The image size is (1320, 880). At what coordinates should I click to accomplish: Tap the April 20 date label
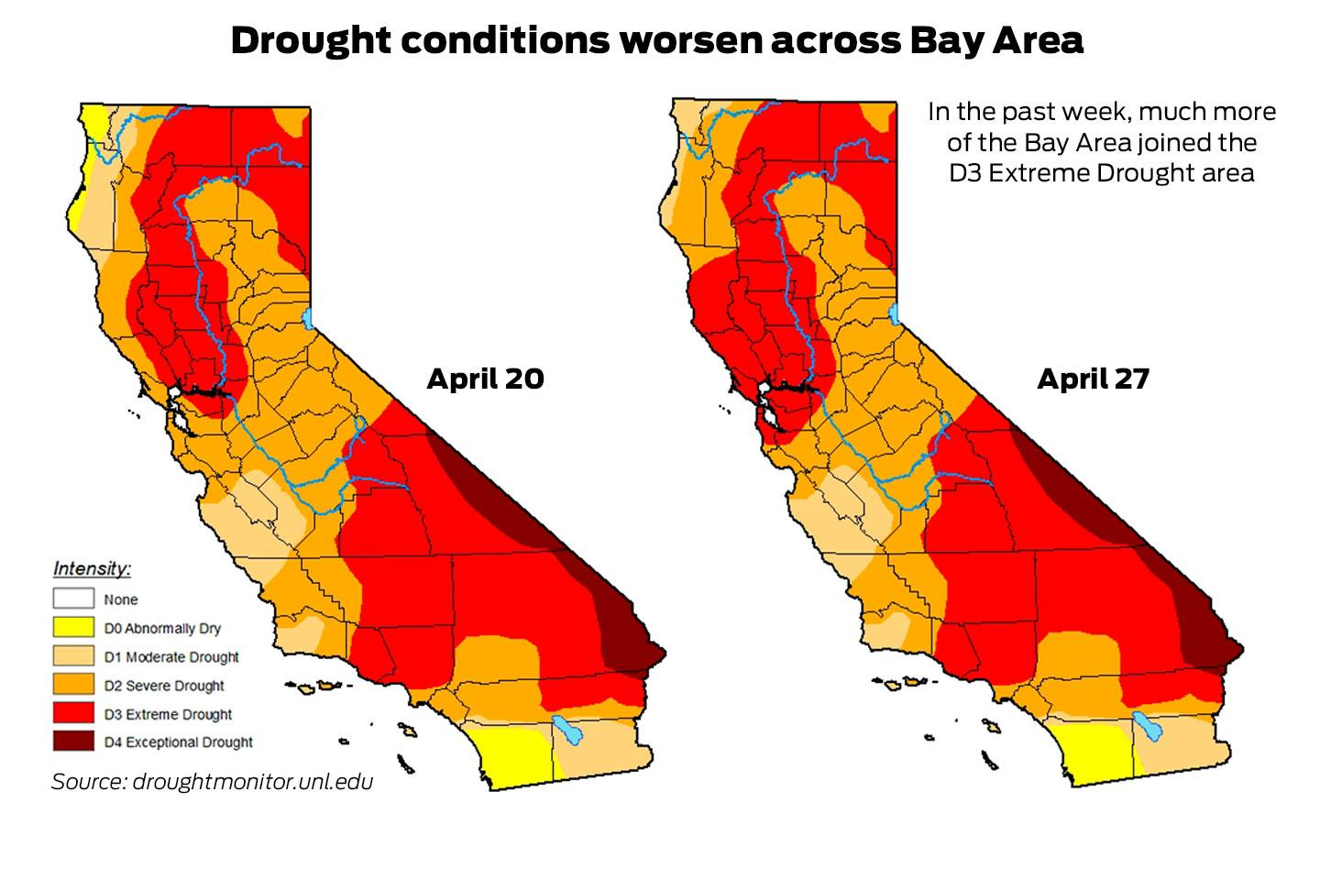[485, 379]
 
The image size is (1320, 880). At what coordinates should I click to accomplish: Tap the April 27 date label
[1093, 379]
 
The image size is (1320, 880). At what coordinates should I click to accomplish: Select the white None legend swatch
[73, 599]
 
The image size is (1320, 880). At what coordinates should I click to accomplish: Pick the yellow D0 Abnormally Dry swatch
[73, 628]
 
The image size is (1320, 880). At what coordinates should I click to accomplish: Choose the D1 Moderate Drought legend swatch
[73, 656]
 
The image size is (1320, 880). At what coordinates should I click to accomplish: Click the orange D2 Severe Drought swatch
[73, 685]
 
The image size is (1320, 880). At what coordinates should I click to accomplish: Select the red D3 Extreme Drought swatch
[73, 714]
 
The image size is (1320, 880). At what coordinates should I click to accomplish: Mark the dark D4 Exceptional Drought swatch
[73, 742]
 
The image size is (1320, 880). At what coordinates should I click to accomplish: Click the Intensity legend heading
[92, 568]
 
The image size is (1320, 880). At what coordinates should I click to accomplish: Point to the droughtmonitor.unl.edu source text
[252, 782]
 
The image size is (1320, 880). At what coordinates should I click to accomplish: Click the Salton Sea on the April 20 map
[568, 731]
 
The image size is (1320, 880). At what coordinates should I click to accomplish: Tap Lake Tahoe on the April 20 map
[307, 318]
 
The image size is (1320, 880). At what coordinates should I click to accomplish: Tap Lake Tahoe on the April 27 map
[895, 314]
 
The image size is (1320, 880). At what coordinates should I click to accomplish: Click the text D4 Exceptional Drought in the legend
[178, 742]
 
